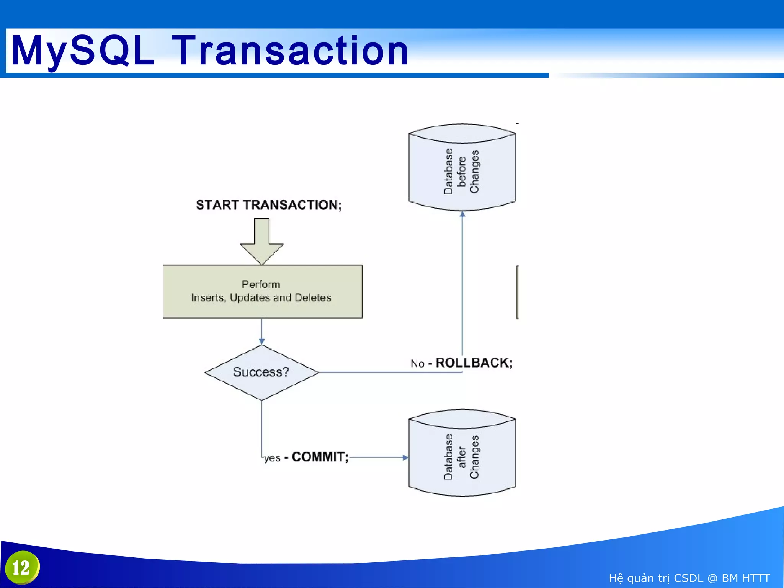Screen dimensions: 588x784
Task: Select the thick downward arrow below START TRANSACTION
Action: [x=262, y=241]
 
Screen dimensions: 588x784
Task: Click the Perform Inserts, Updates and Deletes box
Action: [x=263, y=291]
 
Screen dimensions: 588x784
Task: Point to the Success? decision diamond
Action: [x=261, y=372]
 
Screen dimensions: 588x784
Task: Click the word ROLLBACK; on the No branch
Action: [x=474, y=363]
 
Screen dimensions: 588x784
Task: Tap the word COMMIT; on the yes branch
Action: [x=320, y=457]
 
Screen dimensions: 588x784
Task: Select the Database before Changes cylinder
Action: [x=462, y=167]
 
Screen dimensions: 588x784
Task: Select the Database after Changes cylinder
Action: [x=462, y=453]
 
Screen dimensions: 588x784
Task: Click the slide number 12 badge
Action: [x=22, y=568]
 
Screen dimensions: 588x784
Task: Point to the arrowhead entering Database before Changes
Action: [x=462, y=214]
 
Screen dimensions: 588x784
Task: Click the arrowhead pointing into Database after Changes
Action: [x=405, y=457]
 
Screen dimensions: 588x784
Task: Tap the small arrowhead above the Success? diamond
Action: [x=262, y=341]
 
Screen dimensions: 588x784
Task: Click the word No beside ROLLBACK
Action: [x=417, y=363]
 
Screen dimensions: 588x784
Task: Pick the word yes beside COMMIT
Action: [x=272, y=458]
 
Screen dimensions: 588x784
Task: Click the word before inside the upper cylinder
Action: [x=462, y=171]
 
